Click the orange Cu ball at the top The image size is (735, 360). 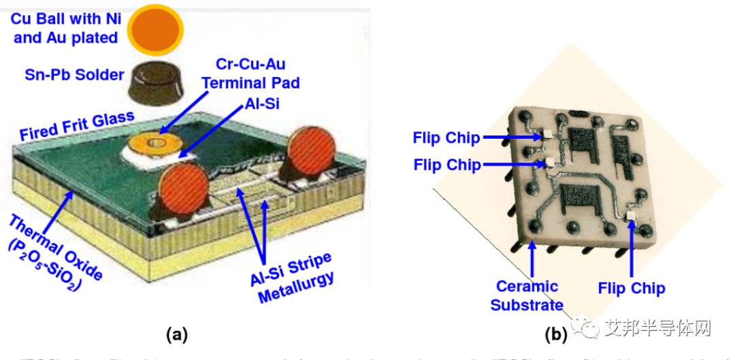[157, 29]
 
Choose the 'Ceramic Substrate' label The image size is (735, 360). [527, 295]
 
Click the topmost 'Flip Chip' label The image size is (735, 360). [446, 138]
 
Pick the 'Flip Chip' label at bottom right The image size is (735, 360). [632, 288]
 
